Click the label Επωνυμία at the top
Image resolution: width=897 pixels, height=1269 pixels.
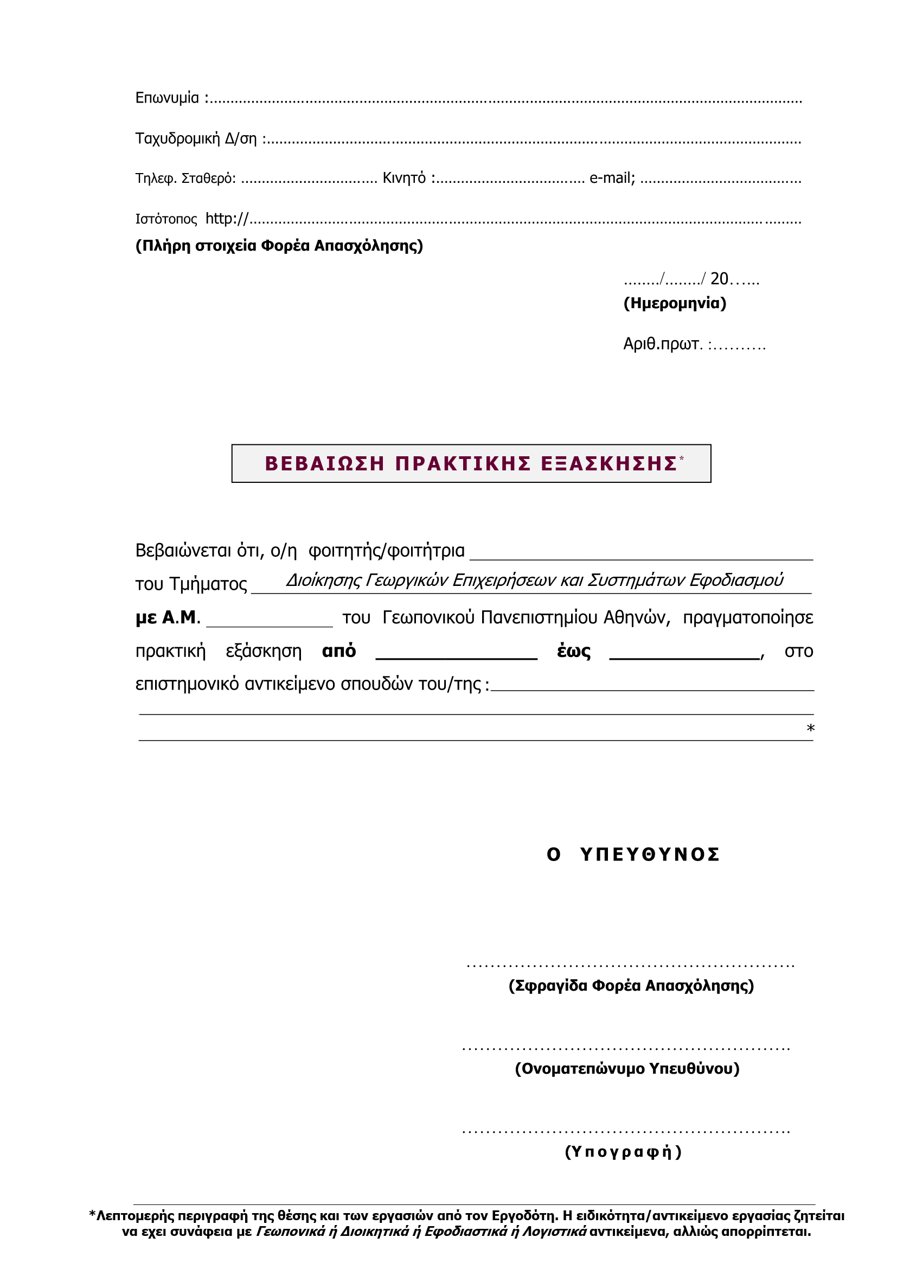(167, 98)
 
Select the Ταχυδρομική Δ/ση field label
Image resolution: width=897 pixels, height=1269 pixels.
(196, 138)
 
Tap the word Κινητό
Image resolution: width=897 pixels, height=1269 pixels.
(404, 178)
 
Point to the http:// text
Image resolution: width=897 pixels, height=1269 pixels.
(227, 219)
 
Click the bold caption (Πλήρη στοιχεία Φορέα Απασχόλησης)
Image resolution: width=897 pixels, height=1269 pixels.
(279, 245)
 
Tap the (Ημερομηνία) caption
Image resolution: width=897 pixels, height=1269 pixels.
(675, 303)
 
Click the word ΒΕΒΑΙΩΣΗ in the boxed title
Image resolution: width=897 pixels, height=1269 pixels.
(324, 464)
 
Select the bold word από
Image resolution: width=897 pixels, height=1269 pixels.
(338, 651)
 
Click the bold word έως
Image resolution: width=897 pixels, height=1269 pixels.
(573, 651)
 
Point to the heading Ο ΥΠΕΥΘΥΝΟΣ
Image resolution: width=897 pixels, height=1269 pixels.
(633, 854)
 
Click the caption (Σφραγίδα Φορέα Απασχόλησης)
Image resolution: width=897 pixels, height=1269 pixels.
(631, 985)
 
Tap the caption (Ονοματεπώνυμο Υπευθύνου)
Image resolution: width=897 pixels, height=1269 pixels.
(627, 1068)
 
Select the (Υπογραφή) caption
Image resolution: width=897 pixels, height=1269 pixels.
(623, 1152)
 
